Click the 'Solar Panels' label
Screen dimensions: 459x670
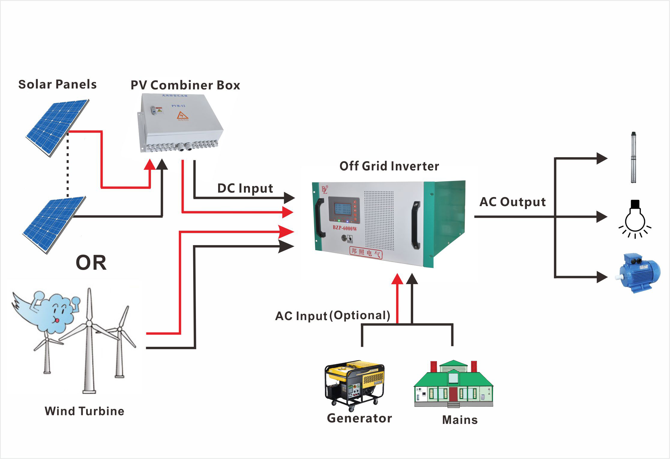[57, 84]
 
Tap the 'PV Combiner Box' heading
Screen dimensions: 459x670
[185, 85]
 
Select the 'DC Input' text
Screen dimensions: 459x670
[245, 188]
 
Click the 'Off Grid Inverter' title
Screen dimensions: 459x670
[389, 166]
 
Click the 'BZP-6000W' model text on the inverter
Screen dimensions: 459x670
[345, 228]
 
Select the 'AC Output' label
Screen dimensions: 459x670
[512, 202]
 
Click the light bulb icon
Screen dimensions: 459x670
[635, 219]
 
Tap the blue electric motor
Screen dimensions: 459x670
[639, 273]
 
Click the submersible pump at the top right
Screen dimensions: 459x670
[634, 157]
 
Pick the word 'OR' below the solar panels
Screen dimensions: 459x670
[91, 263]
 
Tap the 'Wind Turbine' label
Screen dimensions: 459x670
[84, 411]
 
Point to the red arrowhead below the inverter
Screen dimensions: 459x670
[397, 279]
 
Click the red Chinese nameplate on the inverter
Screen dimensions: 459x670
[366, 252]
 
